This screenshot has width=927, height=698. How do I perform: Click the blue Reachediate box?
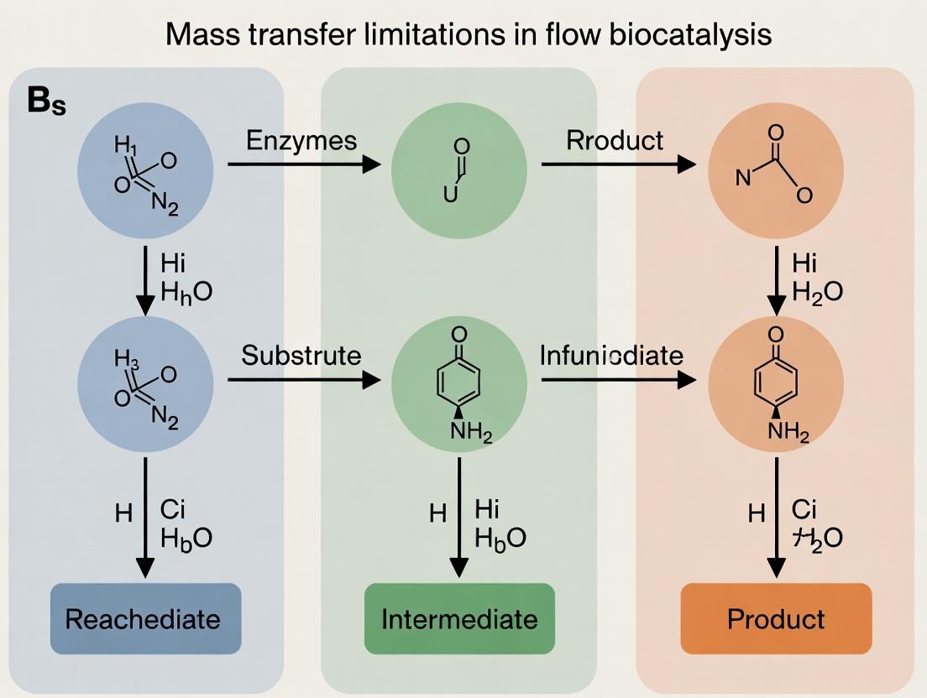145,619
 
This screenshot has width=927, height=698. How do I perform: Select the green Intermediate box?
459,619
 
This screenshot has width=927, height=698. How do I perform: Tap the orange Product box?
776,619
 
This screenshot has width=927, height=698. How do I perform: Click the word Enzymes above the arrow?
301,140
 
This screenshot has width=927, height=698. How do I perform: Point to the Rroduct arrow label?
615,140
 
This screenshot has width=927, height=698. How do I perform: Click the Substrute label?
301,355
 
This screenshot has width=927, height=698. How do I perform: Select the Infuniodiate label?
611,355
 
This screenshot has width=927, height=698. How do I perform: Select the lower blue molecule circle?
145,384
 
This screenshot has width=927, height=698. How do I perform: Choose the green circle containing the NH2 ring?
459,384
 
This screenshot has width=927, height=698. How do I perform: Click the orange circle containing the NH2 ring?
776,384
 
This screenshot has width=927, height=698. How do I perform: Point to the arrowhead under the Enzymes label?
370,164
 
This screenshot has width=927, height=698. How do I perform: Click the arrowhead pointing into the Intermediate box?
459,568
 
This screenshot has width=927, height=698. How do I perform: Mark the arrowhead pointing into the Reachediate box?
145,568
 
